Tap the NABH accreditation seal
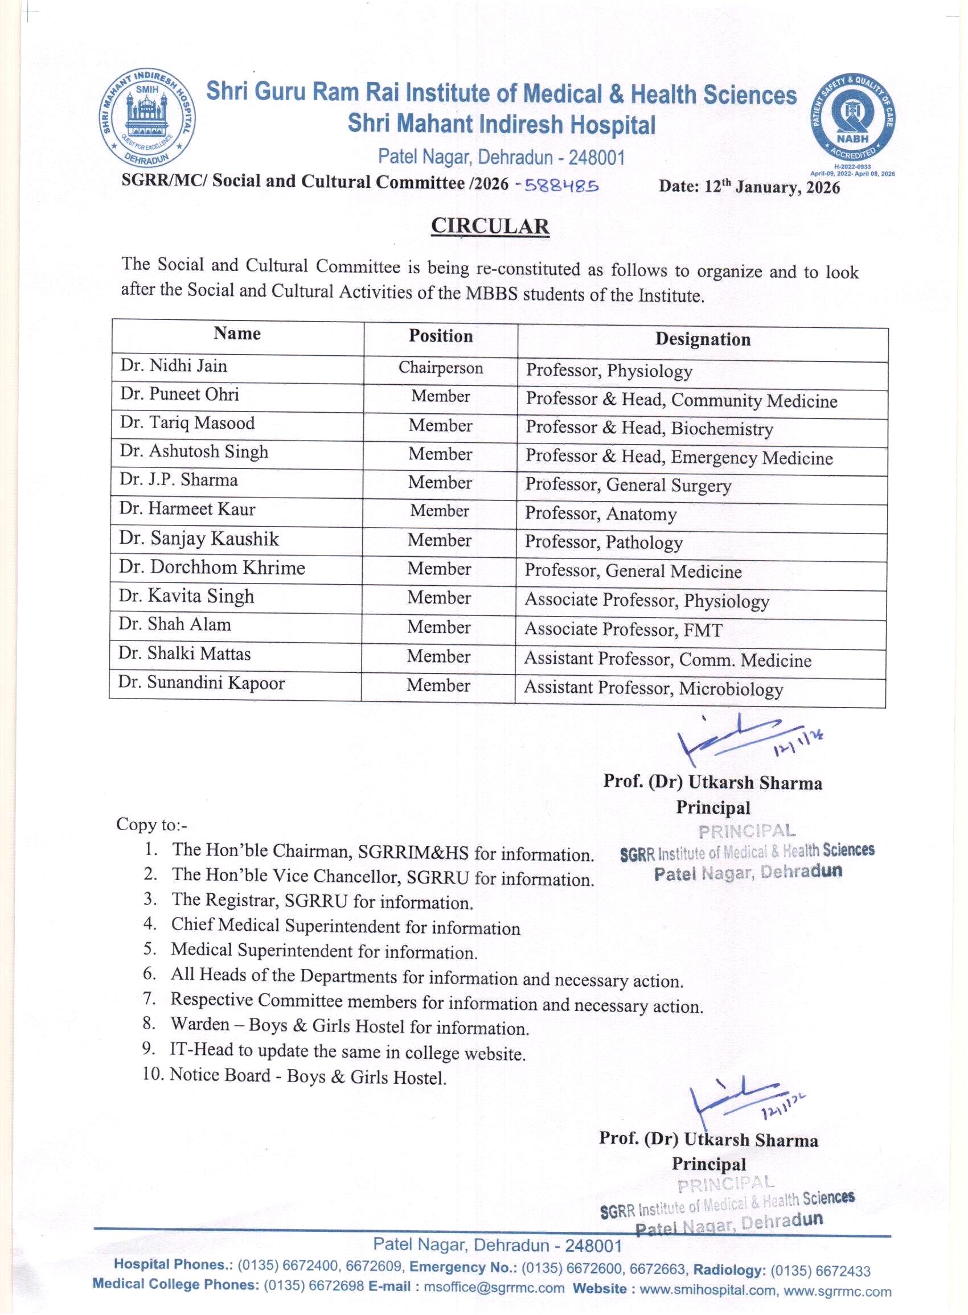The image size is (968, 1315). click(x=852, y=119)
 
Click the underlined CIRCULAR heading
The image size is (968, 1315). click(x=490, y=226)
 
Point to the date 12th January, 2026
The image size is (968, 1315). click(x=749, y=187)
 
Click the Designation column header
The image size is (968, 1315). click(x=703, y=339)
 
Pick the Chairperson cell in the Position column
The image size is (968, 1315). click(x=441, y=368)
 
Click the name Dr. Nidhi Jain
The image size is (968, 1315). click(x=174, y=366)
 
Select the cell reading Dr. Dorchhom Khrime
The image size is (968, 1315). click(x=212, y=568)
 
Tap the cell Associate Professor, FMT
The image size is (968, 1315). click(x=623, y=630)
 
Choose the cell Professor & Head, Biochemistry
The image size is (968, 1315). click(x=649, y=428)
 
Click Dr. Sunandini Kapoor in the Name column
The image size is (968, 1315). click(x=201, y=683)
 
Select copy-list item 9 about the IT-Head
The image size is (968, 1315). click(x=347, y=1052)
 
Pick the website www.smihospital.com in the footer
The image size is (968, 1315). click(x=707, y=1289)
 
